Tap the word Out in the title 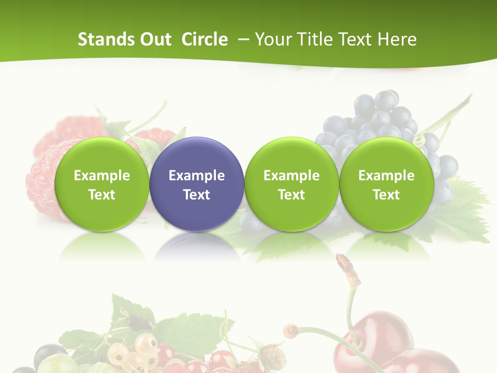click(x=154, y=39)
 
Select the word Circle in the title click(x=204, y=39)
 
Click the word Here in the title click(x=398, y=39)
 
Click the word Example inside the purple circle click(x=197, y=176)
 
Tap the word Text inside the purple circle click(x=197, y=195)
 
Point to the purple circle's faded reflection click(x=197, y=247)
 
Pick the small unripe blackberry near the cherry click(x=271, y=357)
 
